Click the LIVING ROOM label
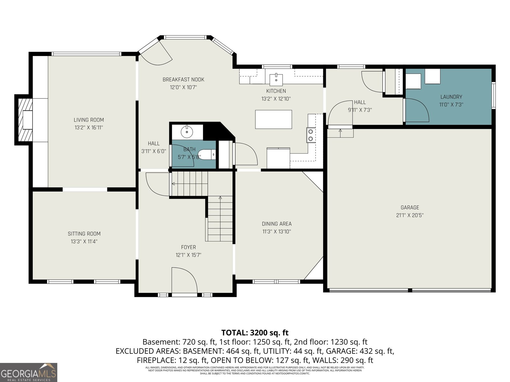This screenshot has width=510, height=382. pos(89,120)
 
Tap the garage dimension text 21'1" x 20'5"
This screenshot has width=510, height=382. pos(410,215)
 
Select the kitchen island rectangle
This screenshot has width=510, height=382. pos(273,119)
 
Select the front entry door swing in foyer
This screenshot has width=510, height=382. pos(184,280)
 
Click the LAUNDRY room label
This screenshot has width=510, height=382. pos(451,97)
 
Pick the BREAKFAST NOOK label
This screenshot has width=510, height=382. pos(183,80)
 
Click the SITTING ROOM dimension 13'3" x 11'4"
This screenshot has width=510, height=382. pos(84,241)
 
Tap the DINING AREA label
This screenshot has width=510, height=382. pos(277,224)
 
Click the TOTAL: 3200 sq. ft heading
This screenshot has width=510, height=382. pos(255,333)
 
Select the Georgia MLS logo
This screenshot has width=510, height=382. pos(29,372)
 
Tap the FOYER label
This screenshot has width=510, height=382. pos(188,247)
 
